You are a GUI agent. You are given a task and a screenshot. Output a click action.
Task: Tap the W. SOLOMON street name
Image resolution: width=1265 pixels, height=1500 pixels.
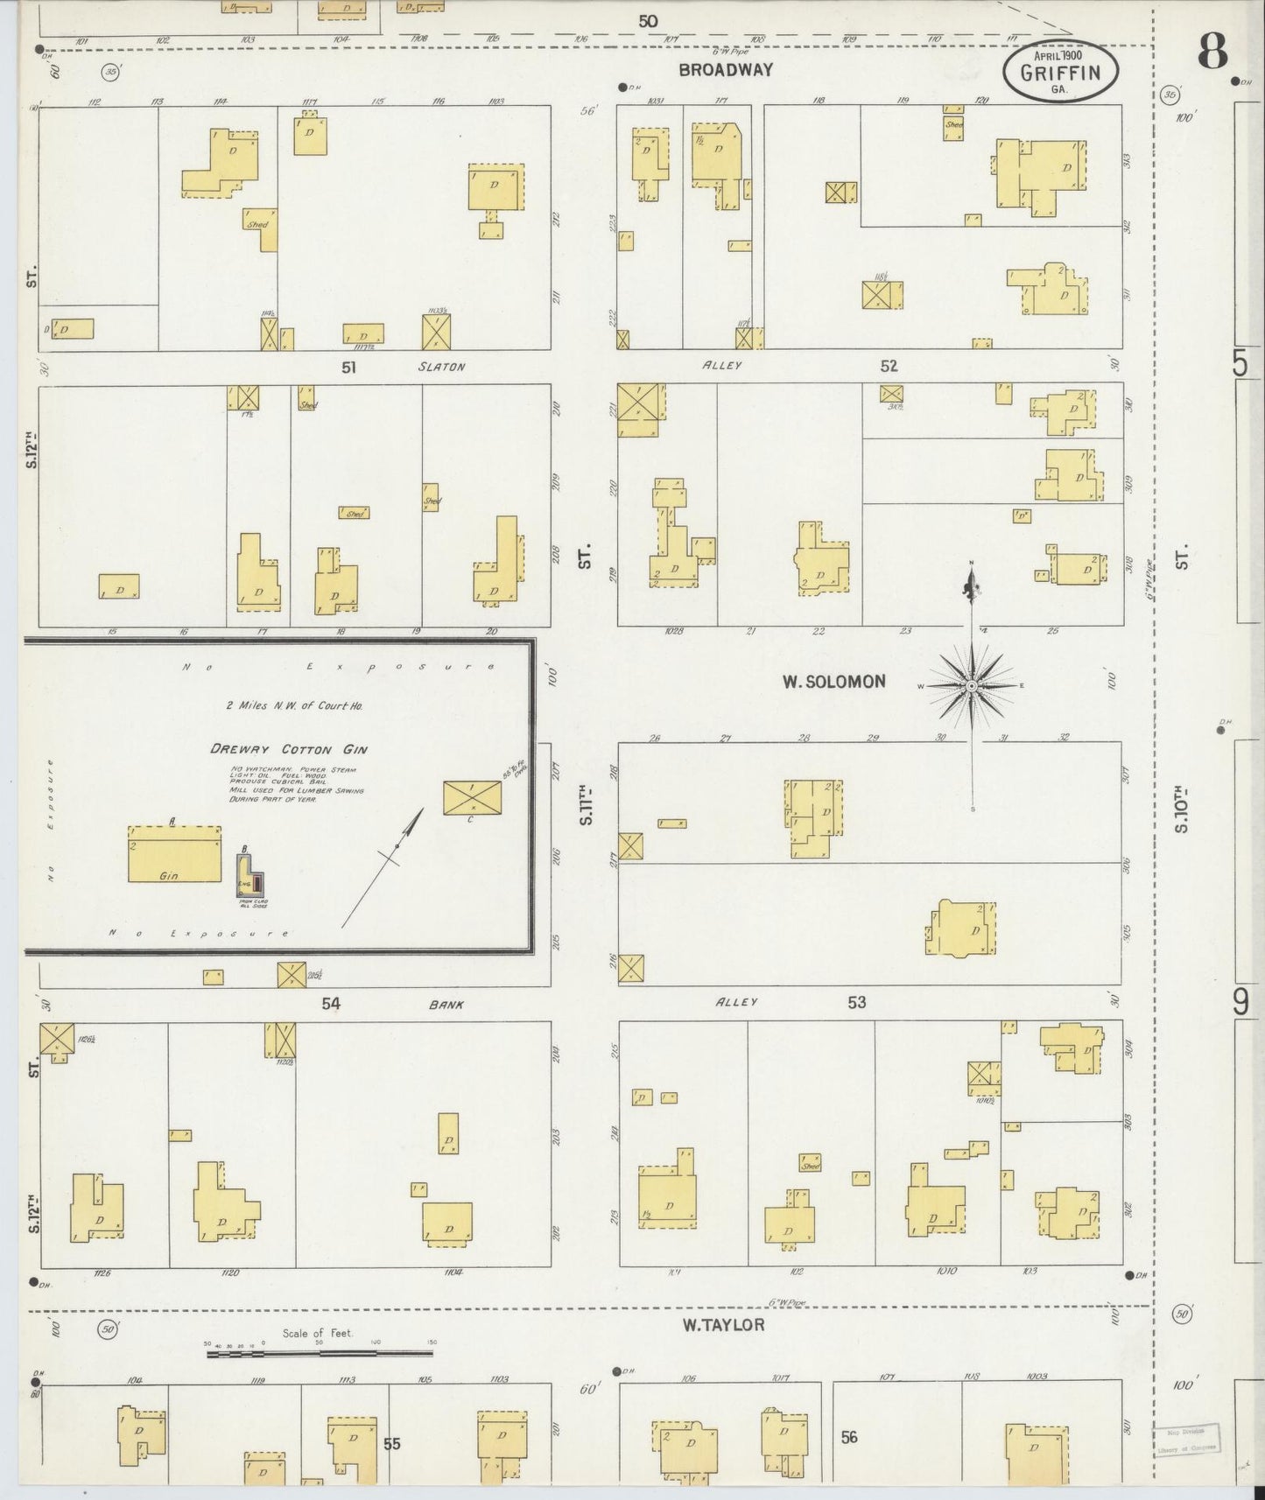point(833,681)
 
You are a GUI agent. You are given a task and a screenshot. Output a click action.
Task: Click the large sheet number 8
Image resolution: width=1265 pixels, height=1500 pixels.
point(1212,53)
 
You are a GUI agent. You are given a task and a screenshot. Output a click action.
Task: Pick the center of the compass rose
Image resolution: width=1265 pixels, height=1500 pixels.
point(971,686)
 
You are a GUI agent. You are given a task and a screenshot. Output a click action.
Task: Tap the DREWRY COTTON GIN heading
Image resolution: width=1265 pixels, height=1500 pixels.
point(288,749)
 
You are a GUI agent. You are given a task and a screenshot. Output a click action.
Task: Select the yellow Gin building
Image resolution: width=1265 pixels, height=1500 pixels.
point(174,853)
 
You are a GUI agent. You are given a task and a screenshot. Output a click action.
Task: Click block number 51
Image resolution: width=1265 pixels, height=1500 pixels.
point(349,368)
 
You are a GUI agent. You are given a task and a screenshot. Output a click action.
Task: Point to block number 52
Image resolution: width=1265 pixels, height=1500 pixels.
point(889,367)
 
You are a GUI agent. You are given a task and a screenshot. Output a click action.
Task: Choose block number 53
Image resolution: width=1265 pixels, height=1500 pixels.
point(856,1002)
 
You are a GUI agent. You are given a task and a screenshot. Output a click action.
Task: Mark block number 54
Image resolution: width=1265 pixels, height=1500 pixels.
point(330,1004)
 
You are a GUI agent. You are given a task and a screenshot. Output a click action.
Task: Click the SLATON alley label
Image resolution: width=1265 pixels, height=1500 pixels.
point(441,368)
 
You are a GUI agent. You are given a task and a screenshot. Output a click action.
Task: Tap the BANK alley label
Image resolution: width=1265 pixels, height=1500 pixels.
point(446,1005)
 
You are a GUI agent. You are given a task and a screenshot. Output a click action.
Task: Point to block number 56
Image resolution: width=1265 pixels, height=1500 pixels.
point(848,1437)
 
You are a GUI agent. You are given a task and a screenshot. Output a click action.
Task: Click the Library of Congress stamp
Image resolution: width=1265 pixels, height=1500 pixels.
point(1185,1438)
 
